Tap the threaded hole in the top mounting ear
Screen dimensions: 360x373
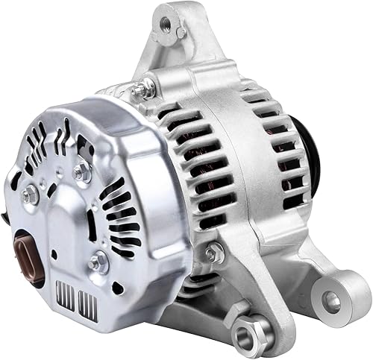pos(163,22)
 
